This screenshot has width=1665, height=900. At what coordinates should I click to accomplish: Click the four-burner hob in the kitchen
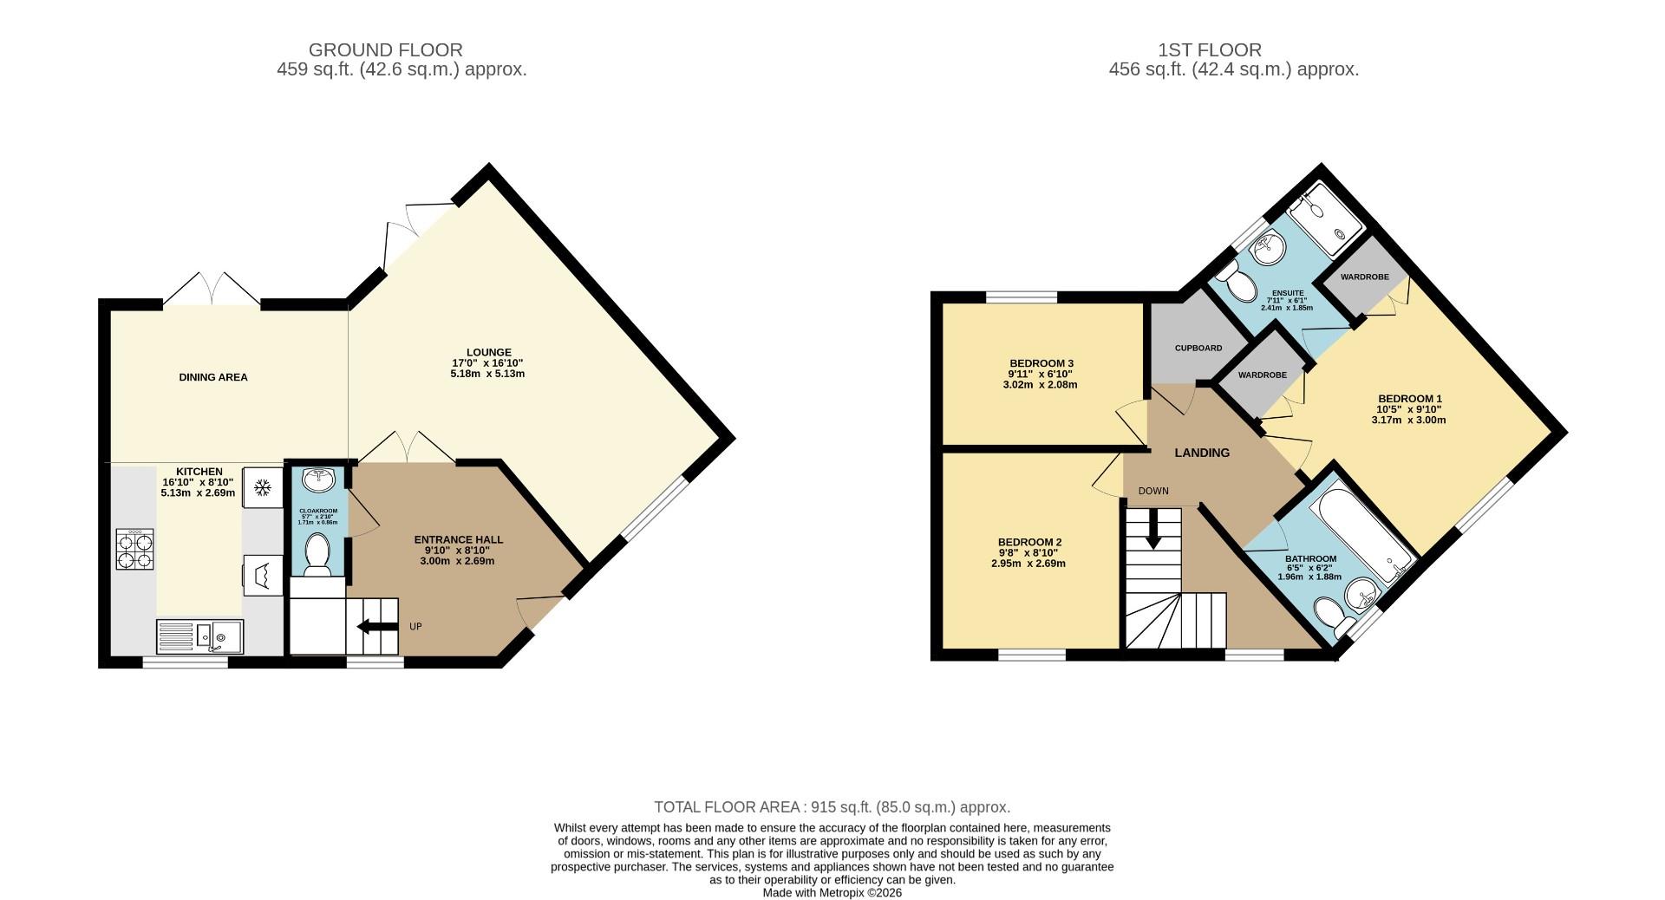click(134, 549)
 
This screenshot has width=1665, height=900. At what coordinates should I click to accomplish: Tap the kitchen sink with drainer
click(200, 636)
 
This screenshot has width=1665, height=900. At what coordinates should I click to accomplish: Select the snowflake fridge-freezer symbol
click(262, 488)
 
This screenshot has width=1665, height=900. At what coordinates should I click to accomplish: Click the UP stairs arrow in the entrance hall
click(375, 626)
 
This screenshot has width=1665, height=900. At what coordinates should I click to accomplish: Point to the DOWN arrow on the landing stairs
click(1152, 529)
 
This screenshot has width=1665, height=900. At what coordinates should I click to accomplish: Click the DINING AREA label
click(213, 377)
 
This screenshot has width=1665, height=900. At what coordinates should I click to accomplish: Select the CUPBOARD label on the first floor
click(1198, 348)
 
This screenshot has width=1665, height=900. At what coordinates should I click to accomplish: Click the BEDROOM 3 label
click(1041, 362)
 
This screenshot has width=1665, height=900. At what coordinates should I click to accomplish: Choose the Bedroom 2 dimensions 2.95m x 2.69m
click(1028, 564)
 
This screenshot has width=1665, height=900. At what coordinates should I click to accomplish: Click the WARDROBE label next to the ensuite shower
click(1364, 277)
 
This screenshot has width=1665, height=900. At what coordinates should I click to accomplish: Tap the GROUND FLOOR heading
click(385, 49)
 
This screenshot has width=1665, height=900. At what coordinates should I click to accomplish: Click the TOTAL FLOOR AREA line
click(832, 807)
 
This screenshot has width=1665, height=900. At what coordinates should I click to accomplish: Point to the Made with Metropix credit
click(832, 892)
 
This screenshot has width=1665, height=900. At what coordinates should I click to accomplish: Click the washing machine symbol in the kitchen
click(262, 574)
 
